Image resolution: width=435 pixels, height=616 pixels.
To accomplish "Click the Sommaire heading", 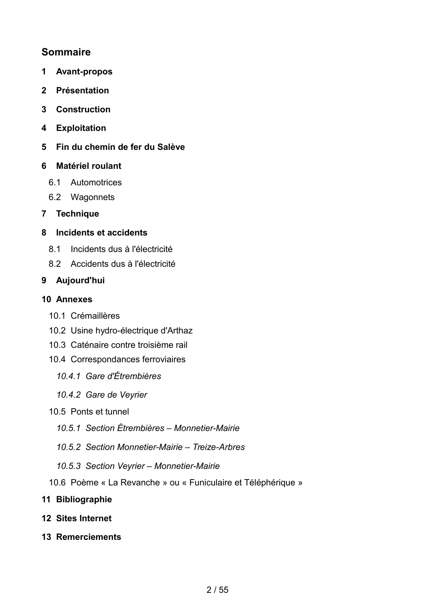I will (x=66, y=52).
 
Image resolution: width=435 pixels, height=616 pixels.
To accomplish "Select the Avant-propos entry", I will (x=84, y=72).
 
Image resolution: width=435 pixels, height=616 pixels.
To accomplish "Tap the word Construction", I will (x=83, y=110).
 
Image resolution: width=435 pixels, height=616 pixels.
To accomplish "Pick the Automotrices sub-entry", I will (x=96, y=183).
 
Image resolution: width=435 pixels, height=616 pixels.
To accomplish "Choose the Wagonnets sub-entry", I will (x=93, y=197).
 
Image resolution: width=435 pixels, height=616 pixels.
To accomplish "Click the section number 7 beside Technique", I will (x=44, y=214).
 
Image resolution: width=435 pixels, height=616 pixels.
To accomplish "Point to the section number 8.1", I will (x=55, y=249).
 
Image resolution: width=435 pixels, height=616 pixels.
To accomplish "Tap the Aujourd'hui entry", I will (x=80, y=280).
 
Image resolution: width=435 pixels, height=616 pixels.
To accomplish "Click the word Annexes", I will (x=74, y=299).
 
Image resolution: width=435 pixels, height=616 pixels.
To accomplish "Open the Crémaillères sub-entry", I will (x=95, y=316).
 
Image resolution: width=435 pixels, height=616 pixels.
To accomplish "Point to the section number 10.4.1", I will (x=68, y=376).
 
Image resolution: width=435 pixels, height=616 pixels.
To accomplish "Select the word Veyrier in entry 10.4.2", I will (x=133, y=395).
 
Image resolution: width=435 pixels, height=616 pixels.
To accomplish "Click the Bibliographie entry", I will (x=84, y=499).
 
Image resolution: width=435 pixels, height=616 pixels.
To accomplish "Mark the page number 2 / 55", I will (x=217, y=590).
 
